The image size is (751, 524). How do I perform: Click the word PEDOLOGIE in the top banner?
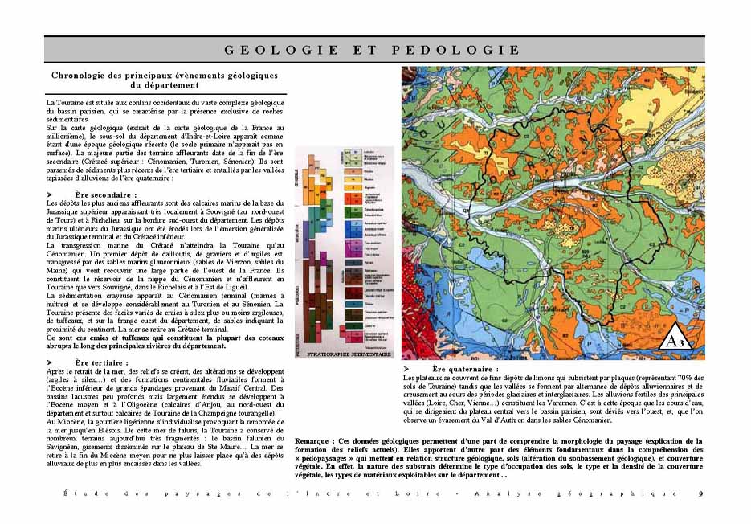tap(457, 50)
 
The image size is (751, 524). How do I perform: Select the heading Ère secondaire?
tap(105, 195)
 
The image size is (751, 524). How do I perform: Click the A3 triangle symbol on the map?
tap(676, 341)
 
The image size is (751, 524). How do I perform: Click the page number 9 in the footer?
tap(700, 493)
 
